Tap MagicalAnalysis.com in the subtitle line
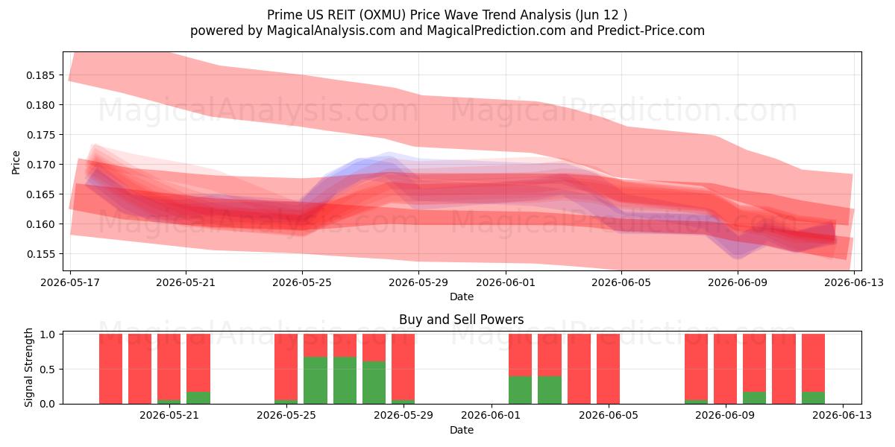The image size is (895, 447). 331,31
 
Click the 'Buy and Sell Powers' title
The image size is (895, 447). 461,320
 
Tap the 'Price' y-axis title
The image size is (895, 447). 16,162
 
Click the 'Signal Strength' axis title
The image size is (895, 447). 28,367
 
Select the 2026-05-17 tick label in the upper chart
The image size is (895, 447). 70,283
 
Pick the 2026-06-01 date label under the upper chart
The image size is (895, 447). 506,283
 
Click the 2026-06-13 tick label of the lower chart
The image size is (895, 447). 842,416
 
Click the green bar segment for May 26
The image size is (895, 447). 315,381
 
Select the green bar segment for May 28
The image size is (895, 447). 374,382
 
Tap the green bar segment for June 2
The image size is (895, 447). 520,390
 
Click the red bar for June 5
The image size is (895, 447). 608,369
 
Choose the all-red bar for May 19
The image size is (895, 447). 140,369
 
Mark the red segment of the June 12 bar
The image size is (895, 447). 813,363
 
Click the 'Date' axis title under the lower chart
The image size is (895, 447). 462,431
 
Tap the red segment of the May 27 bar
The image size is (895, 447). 345,345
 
